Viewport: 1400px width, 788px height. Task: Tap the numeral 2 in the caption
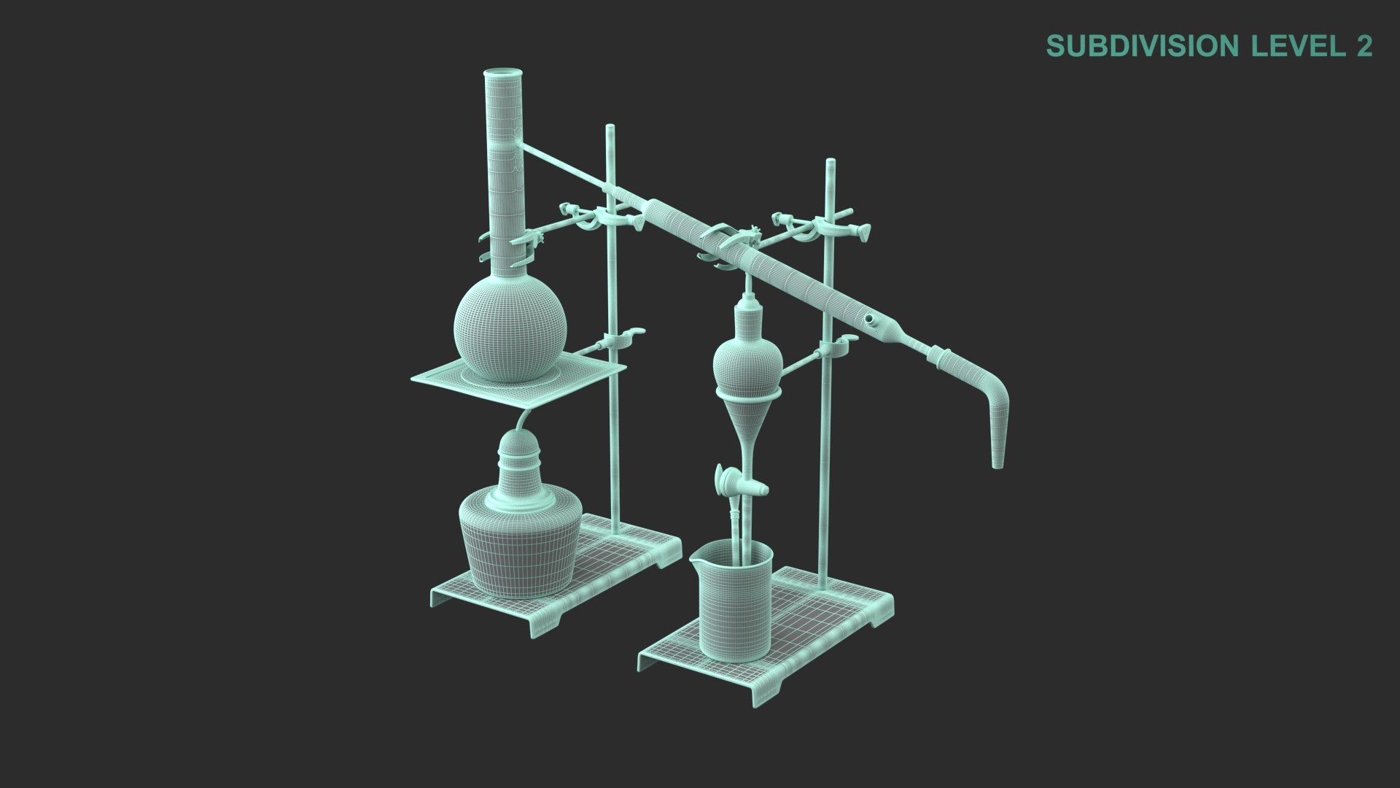1364,46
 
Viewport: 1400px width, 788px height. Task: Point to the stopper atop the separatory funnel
747,299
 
